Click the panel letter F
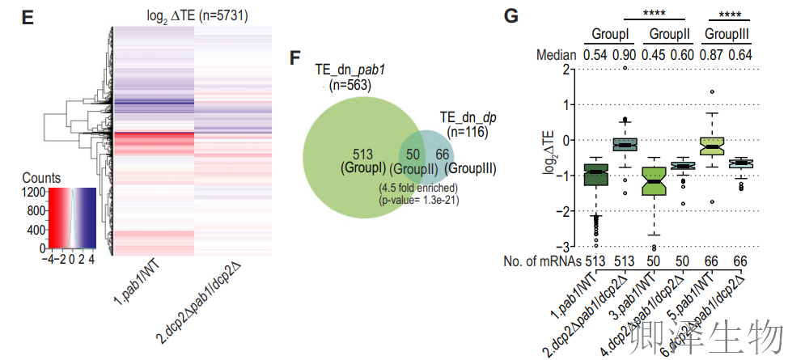(x=295, y=58)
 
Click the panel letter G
(x=512, y=17)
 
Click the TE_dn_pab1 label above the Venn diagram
(x=350, y=71)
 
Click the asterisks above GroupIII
(x=726, y=13)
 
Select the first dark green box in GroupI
(x=596, y=174)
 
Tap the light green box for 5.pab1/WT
(x=711, y=145)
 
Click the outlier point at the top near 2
(x=625, y=67)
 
